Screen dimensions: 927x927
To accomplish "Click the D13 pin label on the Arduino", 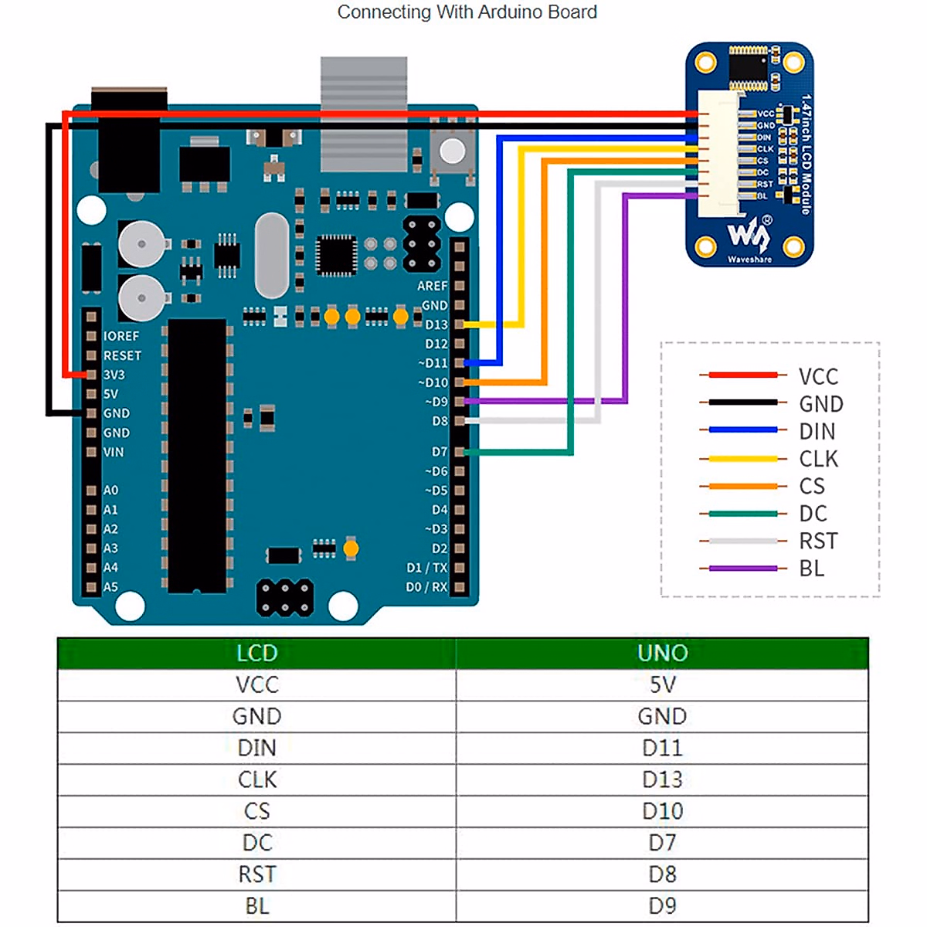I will (x=436, y=324).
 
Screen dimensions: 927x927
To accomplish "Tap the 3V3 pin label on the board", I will (x=114, y=375).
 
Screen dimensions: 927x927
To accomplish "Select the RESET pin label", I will (x=122, y=355).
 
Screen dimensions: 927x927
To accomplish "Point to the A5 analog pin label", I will (x=110, y=587).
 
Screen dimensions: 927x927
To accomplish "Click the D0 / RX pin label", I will (x=426, y=587).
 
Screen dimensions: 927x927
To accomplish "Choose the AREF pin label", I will (x=432, y=286).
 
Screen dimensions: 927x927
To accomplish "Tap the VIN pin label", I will (x=113, y=452).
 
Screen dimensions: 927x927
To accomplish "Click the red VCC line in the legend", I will (x=742, y=375).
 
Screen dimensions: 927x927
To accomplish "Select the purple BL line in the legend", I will (x=742, y=569).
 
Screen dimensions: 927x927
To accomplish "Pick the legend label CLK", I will (x=818, y=459).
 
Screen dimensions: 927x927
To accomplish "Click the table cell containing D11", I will (x=662, y=748).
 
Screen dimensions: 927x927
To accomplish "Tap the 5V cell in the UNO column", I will (x=662, y=684).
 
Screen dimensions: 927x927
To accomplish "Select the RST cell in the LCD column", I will (x=256, y=874).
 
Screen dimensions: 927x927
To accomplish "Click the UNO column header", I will (x=662, y=653).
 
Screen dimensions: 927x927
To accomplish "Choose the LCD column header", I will (x=256, y=653).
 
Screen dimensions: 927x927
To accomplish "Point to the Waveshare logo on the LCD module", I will (x=749, y=236).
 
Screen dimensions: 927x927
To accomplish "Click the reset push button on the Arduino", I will (x=452, y=149).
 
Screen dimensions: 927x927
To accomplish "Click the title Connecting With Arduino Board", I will (x=467, y=12).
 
